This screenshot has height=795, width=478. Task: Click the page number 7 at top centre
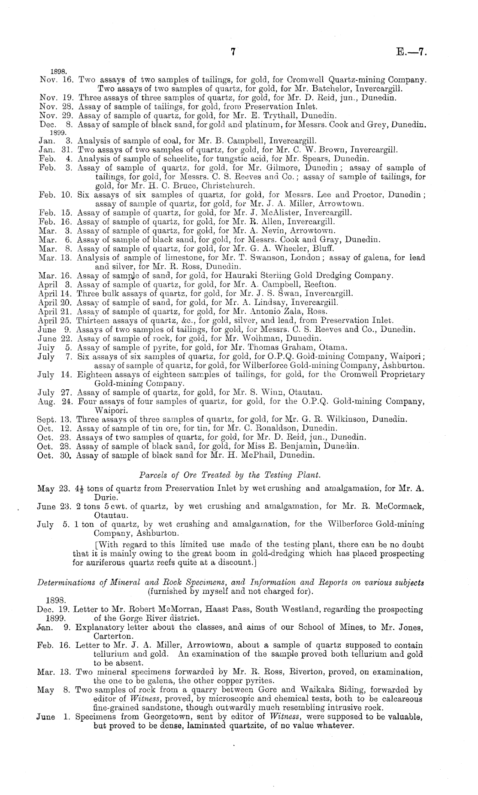[x=233, y=52]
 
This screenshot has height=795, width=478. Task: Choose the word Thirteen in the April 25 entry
[x=91, y=320]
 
